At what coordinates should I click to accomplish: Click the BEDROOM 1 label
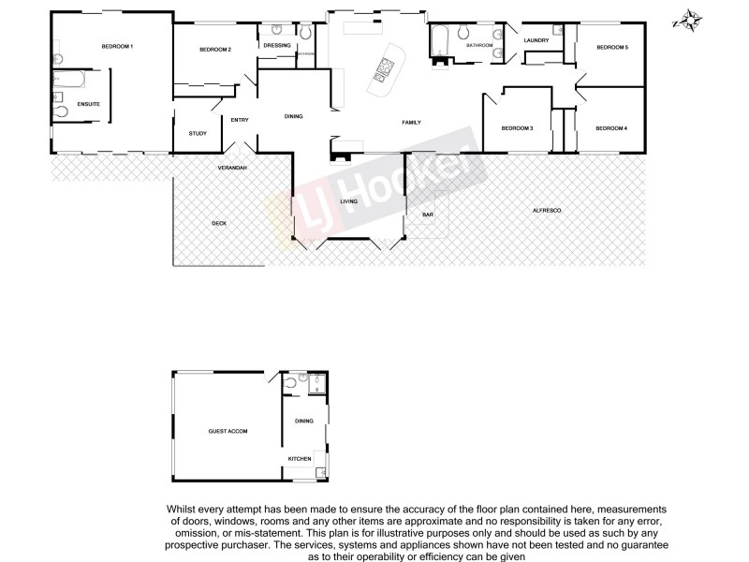point(118,47)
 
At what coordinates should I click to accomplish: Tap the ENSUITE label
point(89,103)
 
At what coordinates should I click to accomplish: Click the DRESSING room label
point(277,45)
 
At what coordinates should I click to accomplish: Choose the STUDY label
point(198,133)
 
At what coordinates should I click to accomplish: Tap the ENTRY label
point(240,119)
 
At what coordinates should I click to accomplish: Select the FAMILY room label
point(411,123)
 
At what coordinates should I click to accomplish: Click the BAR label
point(428,215)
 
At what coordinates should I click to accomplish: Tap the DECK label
point(219,223)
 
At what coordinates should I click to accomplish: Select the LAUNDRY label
point(536,40)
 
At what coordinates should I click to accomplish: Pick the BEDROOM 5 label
point(612,47)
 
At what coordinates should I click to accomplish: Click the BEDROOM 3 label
point(517,128)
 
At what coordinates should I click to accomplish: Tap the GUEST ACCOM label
point(228,431)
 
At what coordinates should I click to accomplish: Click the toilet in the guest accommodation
point(292,383)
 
